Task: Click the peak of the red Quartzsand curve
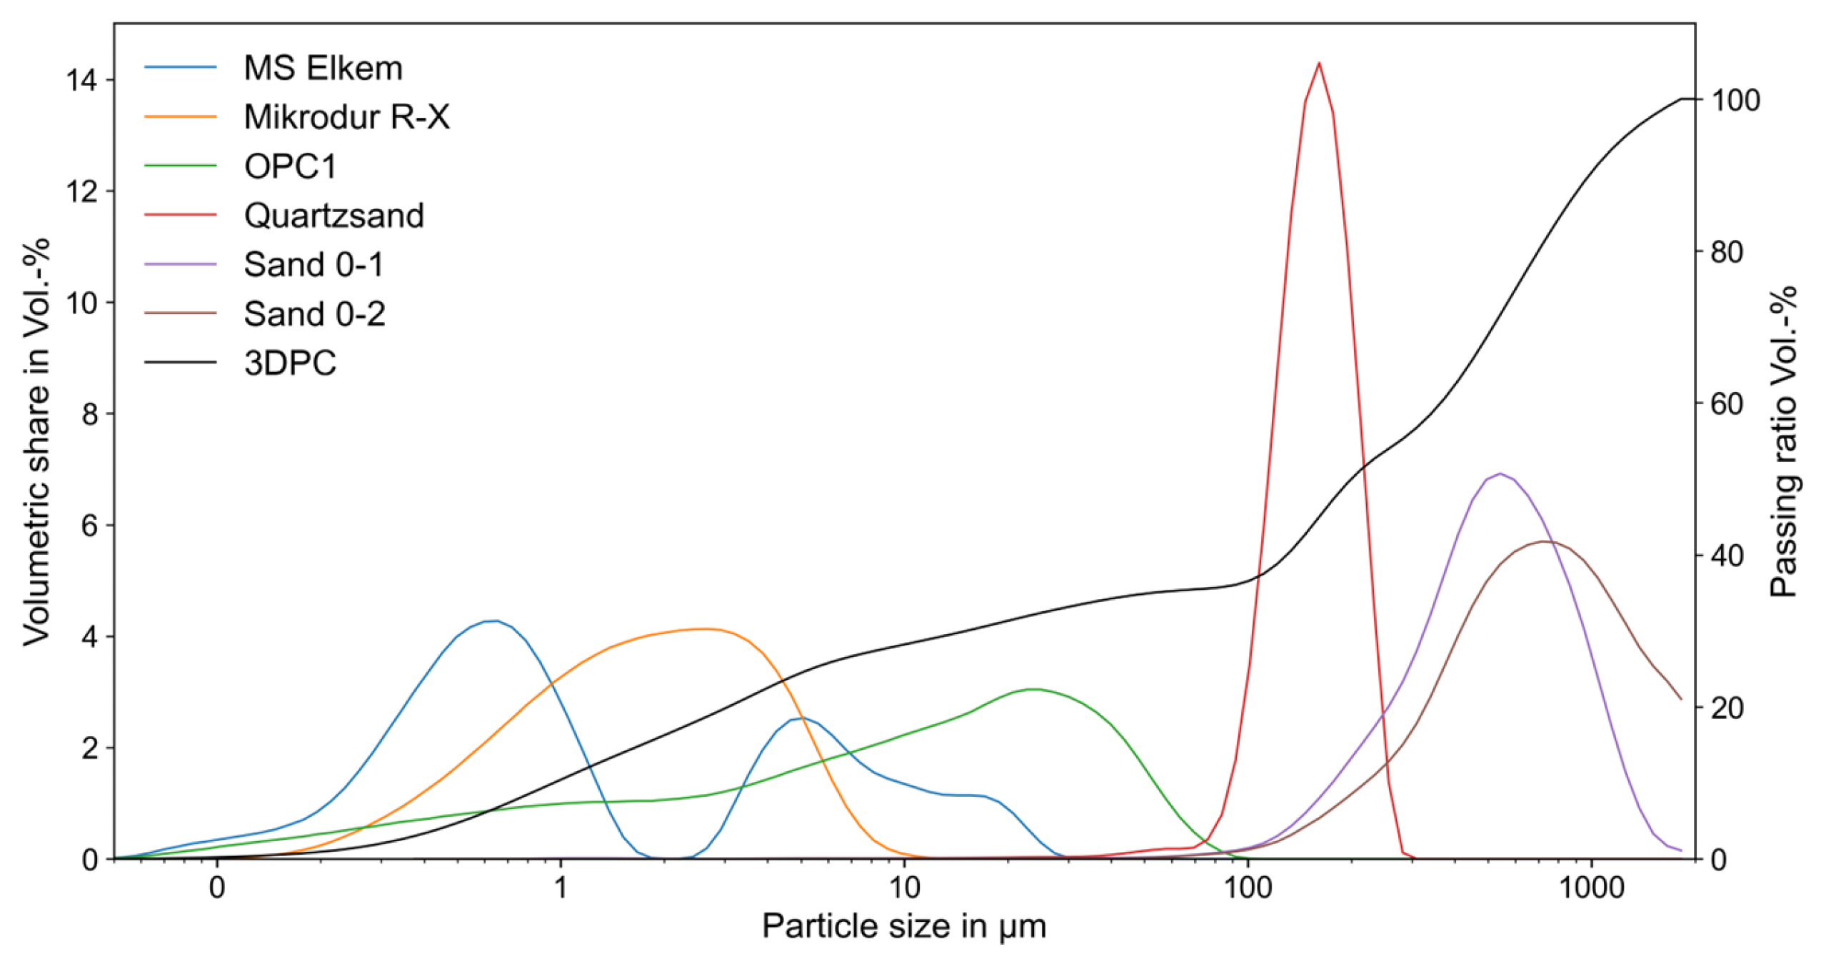[1318, 64]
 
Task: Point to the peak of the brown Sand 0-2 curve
[1544, 542]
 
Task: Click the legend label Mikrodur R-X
[346, 117]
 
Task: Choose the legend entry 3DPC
[289, 363]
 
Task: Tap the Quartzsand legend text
[333, 216]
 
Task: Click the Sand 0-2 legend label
[314, 314]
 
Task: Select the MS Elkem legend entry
[323, 69]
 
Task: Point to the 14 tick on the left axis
[81, 80]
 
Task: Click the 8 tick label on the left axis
[90, 414]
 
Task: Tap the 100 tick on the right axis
[1735, 100]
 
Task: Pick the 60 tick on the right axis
[1727, 404]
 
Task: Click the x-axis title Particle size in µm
[904, 927]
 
